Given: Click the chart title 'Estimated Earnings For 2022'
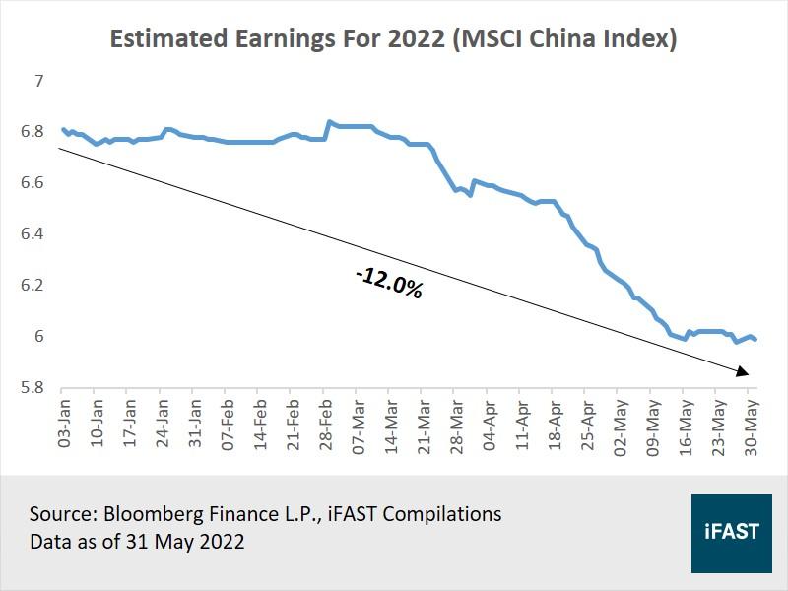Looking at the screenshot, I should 393,39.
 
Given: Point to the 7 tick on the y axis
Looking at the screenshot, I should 39,81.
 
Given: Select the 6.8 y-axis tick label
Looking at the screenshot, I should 33,132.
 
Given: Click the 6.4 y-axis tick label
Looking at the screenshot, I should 33,234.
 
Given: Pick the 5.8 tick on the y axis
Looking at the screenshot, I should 33,388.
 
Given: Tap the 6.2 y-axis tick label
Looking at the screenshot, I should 33,286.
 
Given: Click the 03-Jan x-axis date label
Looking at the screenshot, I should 65,424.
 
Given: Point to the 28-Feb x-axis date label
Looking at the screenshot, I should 325,424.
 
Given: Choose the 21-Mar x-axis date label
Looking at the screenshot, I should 423,424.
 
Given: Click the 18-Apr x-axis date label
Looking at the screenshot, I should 554,424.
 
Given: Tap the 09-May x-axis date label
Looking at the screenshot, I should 651,424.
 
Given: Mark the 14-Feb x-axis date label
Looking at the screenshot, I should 260,424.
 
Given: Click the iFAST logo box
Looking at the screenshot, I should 731,532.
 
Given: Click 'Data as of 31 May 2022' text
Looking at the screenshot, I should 137,541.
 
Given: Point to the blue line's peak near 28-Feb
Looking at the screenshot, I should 329,122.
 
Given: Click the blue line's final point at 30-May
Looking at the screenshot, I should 755,339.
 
